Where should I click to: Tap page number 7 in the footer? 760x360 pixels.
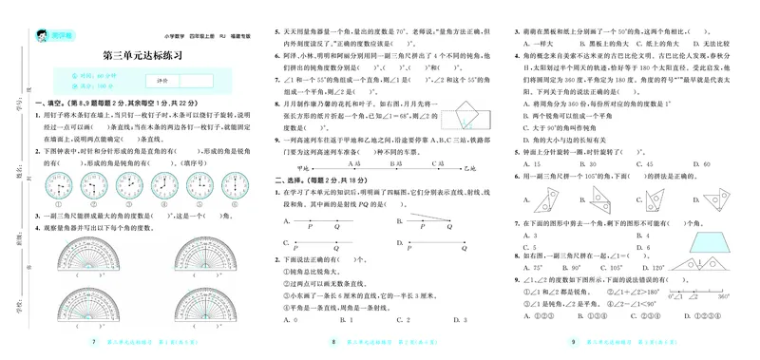coord(92,341)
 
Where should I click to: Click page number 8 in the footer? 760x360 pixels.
coord(332,341)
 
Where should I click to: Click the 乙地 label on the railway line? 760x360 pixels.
coord(488,167)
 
